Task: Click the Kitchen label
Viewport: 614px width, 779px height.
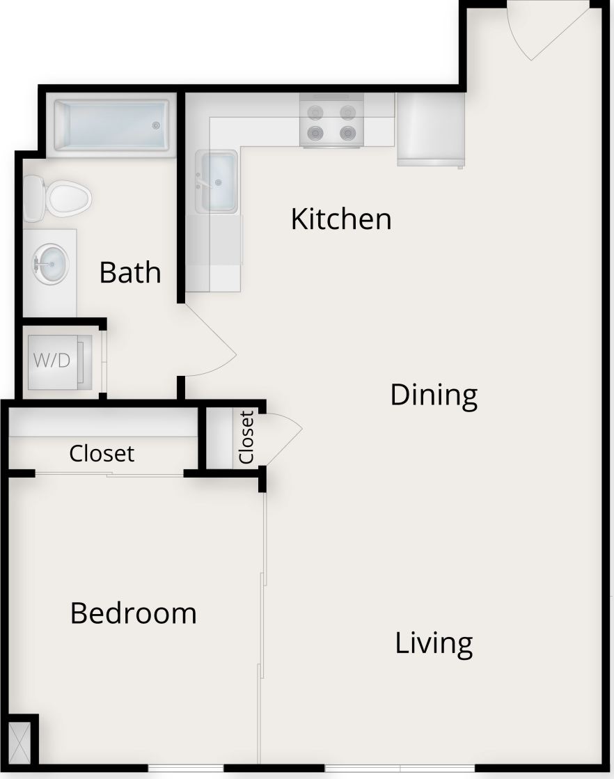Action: [340, 219]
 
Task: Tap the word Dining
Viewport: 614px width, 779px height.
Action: [433, 395]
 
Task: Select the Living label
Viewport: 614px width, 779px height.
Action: [434, 643]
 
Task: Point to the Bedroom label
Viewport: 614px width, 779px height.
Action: [134, 613]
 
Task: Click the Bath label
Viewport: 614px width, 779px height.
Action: [130, 272]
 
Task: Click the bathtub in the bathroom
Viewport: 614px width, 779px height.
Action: [111, 126]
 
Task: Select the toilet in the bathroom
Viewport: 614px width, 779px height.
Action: [58, 198]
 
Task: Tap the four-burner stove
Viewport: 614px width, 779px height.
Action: [331, 121]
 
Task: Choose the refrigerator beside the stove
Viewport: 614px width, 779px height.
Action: [430, 129]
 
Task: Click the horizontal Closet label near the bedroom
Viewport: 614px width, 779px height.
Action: [102, 453]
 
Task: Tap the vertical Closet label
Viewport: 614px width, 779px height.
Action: [246, 438]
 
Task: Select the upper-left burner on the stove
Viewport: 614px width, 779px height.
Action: [316, 111]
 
